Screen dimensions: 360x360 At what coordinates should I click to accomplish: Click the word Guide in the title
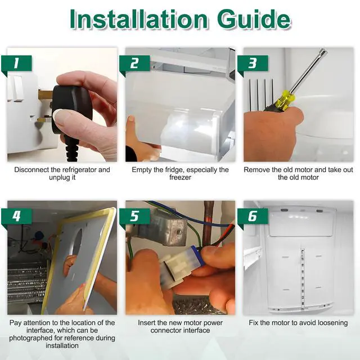[x=254, y=19]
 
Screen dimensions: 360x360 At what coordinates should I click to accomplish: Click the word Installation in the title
[x=139, y=19]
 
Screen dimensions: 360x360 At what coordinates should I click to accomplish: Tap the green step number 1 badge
[x=16, y=64]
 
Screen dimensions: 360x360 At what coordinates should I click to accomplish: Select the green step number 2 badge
[x=134, y=64]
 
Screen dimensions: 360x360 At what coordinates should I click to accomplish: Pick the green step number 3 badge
[x=253, y=64]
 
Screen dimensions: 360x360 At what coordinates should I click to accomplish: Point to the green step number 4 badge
[x=16, y=217]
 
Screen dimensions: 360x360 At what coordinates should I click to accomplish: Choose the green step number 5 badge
[x=134, y=217]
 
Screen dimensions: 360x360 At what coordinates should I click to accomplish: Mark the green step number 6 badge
[x=253, y=217]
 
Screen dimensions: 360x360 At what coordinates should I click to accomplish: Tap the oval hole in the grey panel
[x=77, y=241]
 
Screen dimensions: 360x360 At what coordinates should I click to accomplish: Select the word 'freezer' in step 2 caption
[x=180, y=178]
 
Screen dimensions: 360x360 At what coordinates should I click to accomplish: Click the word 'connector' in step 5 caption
[x=165, y=330]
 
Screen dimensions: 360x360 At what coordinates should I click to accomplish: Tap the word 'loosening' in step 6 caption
[x=332, y=323]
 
